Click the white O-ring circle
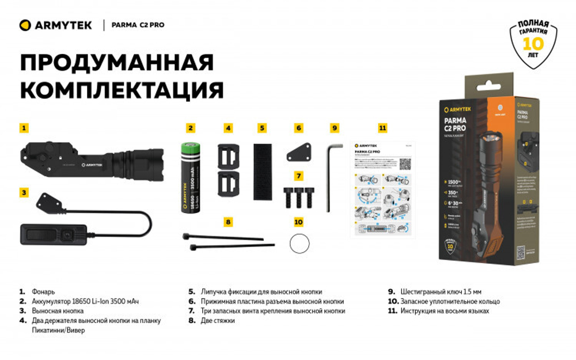pos(299,244)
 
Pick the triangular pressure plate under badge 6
pos(300,153)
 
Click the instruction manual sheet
pos(383,187)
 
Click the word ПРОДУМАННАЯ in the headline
pos(116,62)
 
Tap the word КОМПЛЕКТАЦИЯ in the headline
pos(122,90)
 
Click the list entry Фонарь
pos(44,292)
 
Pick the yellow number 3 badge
pos(24,192)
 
